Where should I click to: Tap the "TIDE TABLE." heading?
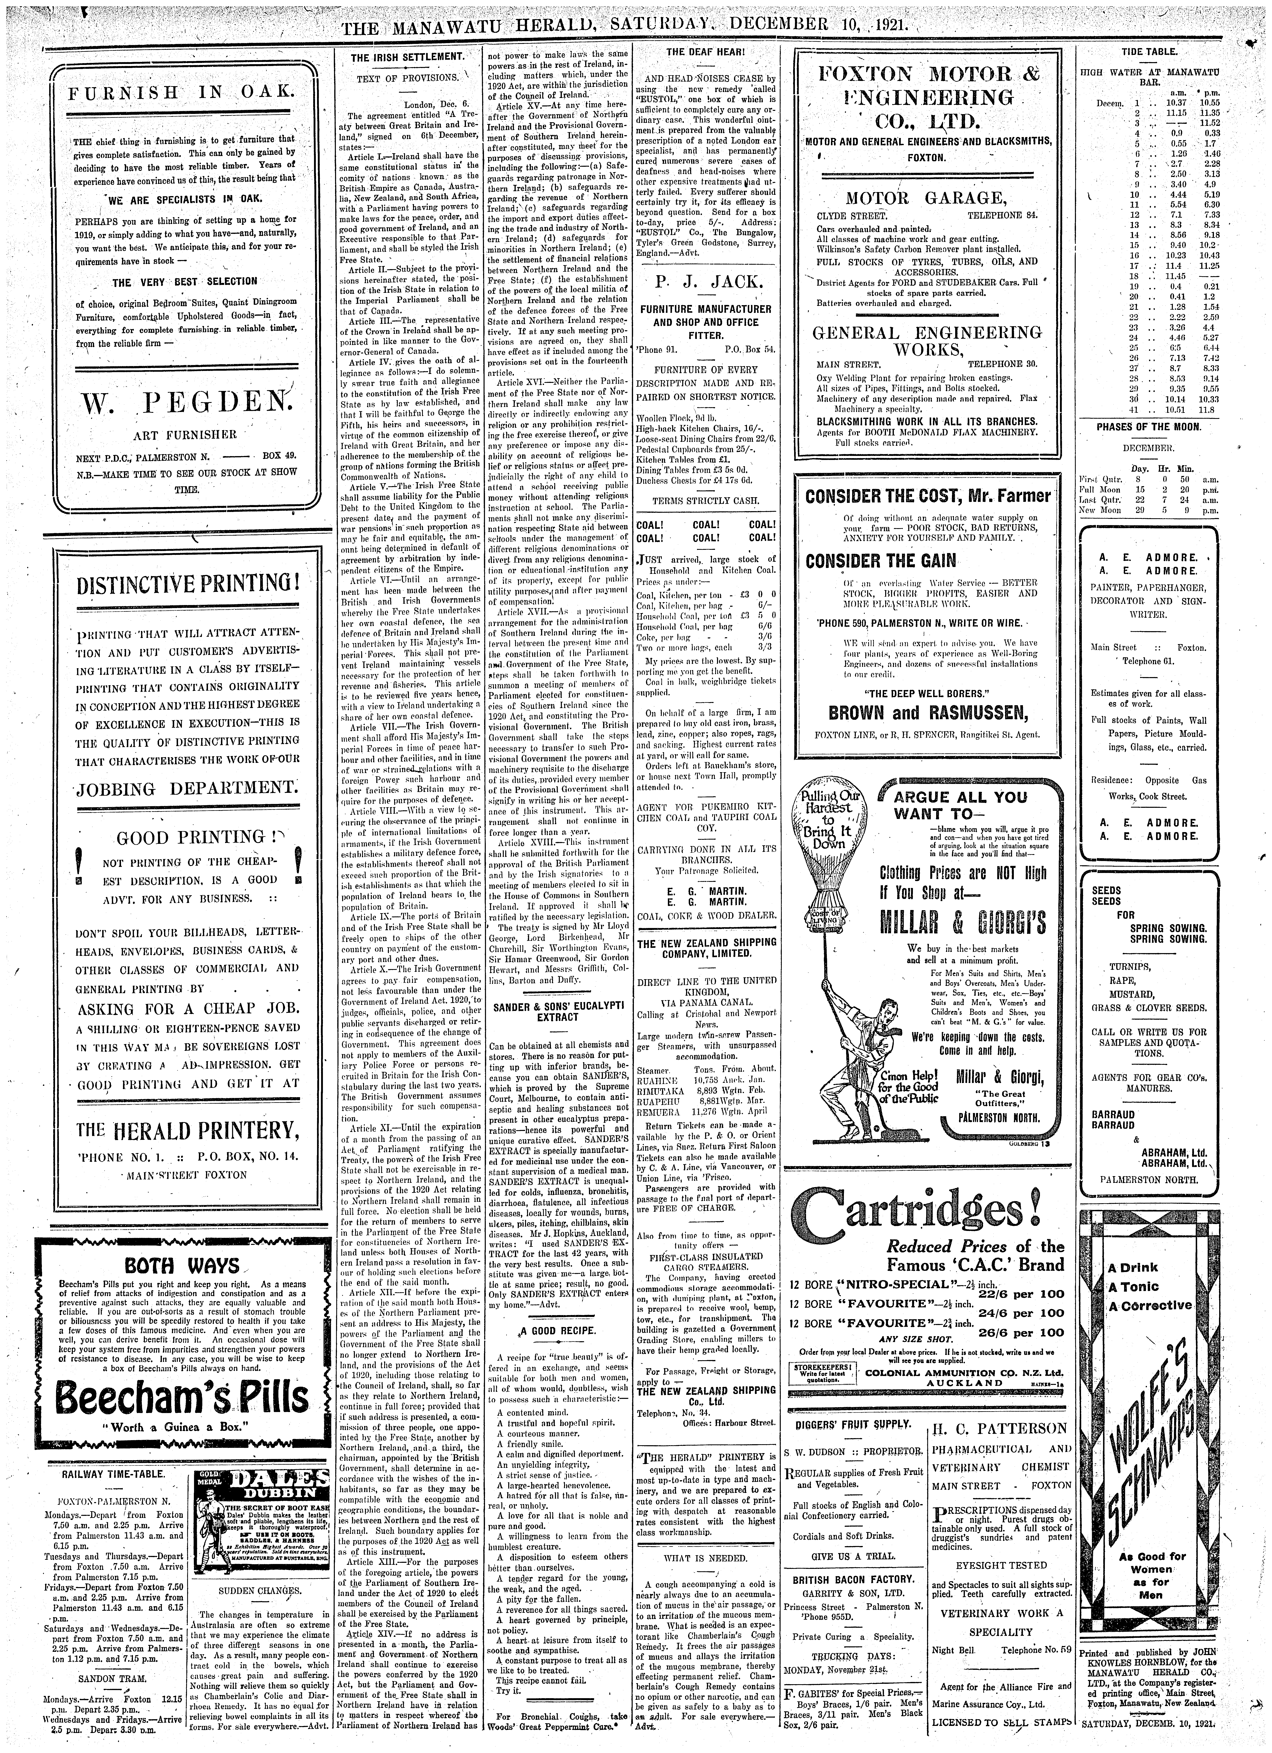1149,52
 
